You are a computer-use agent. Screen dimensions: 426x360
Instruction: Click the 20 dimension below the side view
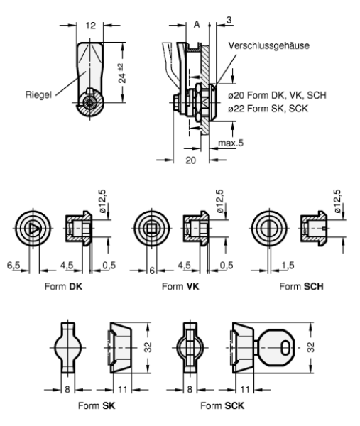tap(191, 160)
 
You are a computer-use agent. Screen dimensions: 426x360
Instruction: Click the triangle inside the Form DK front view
tap(32, 227)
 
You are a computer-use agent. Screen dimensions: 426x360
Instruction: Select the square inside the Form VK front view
tap(151, 227)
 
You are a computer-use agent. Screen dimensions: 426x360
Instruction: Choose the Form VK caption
tap(180, 286)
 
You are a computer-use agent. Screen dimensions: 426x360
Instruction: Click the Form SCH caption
tap(301, 286)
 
